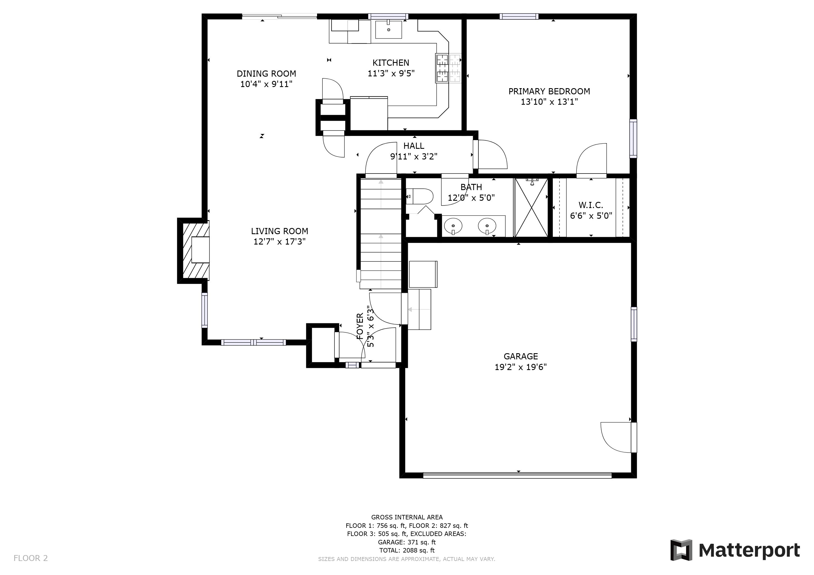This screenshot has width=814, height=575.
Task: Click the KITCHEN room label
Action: point(391,63)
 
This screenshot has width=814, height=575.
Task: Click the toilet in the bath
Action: point(419,197)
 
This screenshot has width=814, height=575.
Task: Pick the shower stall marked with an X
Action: point(531,207)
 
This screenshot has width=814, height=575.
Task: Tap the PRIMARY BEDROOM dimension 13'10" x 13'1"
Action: point(549,102)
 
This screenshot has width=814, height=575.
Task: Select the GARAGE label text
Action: point(521,356)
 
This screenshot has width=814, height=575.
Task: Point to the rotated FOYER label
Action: point(360,326)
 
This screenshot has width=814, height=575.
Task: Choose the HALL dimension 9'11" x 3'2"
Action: point(414,156)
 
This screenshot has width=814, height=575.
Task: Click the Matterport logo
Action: point(735,550)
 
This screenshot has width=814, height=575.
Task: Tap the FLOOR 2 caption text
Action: point(30,558)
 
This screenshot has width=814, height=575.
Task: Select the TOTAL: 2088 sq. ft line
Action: point(407,551)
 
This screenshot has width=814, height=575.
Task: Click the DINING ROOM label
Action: point(266,74)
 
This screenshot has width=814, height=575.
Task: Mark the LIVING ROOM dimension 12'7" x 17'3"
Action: point(279,242)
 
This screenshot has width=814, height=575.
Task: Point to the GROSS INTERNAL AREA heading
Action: point(407,517)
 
